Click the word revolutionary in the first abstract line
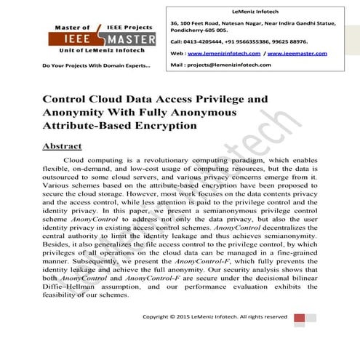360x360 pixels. point(157,159)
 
